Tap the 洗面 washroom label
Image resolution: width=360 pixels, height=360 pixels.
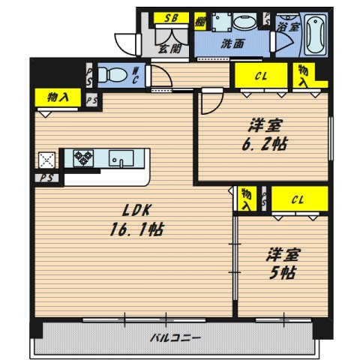(x=232, y=43)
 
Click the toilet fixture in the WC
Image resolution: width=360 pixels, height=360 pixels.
(x=113, y=75)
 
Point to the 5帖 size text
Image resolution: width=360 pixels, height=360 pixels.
(x=283, y=271)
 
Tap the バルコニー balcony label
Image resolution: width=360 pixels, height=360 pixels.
(x=174, y=337)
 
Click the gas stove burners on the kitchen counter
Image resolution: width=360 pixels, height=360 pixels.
(x=82, y=158)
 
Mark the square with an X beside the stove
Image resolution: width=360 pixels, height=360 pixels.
(x=46, y=159)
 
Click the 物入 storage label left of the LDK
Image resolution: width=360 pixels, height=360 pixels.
(x=49, y=97)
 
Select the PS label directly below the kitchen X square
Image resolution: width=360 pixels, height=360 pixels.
(x=46, y=178)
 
